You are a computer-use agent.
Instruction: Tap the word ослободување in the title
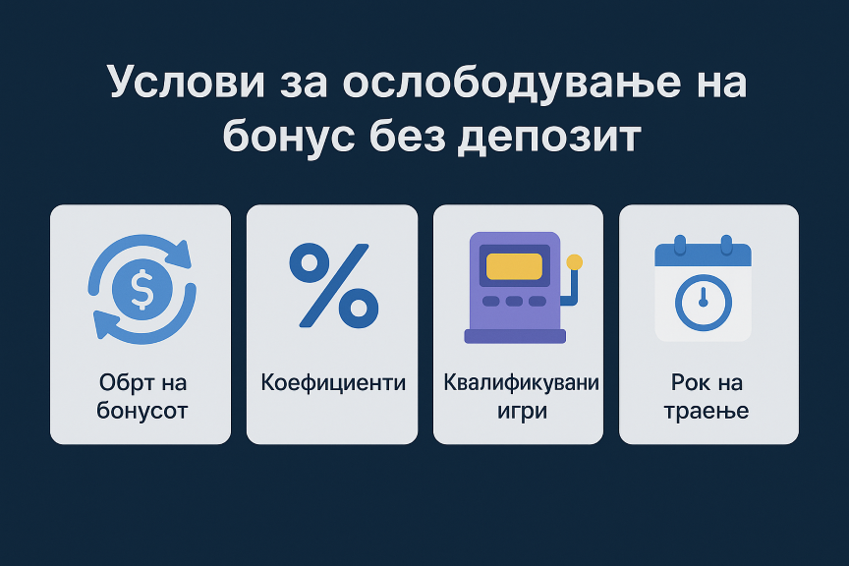(x=511, y=83)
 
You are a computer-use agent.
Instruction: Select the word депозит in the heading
(x=549, y=136)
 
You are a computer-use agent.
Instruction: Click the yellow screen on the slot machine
(x=514, y=266)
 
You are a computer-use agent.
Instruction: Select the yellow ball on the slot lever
(x=575, y=262)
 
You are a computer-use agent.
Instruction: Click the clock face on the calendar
(x=703, y=303)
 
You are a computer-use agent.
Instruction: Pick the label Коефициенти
(x=333, y=382)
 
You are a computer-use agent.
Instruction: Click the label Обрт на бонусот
(x=141, y=396)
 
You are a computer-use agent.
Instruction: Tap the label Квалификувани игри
(x=522, y=396)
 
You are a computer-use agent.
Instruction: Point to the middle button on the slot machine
(x=514, y=301)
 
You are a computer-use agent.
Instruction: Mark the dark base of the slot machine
(x=515, y=336)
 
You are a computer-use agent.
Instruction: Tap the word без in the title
(x=412, y=136)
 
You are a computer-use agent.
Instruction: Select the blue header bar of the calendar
(x=703, y=255)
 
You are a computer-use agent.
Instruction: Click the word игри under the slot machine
(x=522, y=410)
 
